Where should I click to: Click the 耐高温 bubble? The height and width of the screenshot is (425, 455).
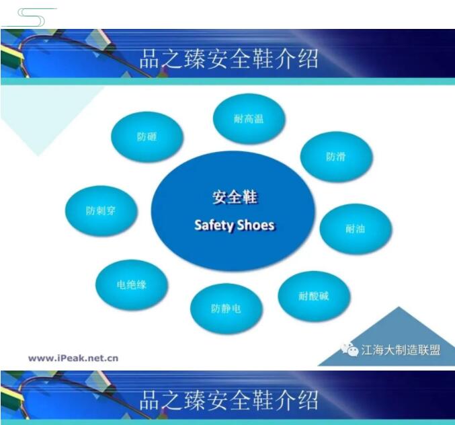tap(249, 118)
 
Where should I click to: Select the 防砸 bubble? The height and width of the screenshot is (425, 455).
tap(147, 137)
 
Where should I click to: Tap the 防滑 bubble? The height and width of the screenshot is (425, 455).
tap(336, 157)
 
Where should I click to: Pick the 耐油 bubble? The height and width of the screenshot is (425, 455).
tap(356, 229)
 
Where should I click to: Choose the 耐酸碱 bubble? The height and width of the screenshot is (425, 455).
tap(314, 296)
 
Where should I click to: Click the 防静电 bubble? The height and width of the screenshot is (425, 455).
tap(226, 308)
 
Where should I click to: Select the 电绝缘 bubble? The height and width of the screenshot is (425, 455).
tap(132, 284)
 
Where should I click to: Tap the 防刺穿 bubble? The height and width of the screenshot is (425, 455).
tap(101, 210)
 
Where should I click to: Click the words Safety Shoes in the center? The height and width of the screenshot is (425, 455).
tap(235, 225)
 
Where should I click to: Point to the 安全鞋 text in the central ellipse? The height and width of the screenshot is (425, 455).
tap(235, 198)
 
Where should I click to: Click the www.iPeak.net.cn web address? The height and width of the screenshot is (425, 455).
tap(73, 358)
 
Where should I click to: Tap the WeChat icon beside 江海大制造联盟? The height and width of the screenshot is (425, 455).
tap(350, 350)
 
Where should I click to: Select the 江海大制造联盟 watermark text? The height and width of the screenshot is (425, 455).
tap(401, 350)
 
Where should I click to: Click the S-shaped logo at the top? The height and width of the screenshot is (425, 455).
tap(30, 17)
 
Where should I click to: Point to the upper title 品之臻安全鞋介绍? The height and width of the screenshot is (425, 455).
tap(229, 59)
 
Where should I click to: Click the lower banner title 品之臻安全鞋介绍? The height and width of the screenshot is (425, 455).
tap(229, 400)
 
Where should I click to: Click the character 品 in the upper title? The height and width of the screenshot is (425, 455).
tap(150, 59)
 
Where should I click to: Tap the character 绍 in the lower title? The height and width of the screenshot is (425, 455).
tap(308, 400)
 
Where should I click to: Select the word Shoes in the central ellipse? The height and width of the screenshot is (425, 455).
tap(255, 225)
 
